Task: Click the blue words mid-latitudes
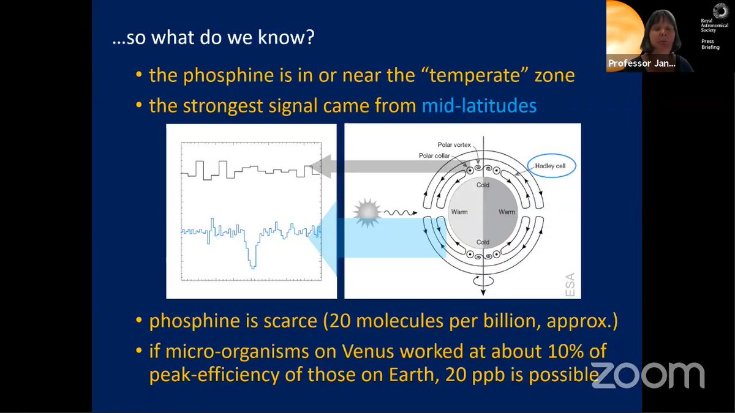pos(479,105)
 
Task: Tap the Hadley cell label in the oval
pos(550,166)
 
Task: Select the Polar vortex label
pos(454,144)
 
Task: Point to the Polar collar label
pos(434,155)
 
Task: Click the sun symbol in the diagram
pos(367,212)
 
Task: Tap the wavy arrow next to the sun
pos(401,213)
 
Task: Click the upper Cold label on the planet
pos(483,185)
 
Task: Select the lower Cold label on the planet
pos(483,242)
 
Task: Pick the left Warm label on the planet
pos(459,212)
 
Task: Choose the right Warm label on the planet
pos(507,212)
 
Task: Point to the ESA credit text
pos(570,285)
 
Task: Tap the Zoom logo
pos(648,375)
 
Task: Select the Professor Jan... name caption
pos(641,63)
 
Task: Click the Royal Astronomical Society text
pos(714,25)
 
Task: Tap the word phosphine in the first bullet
pos(228,75)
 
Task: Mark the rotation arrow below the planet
pos(483,281)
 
